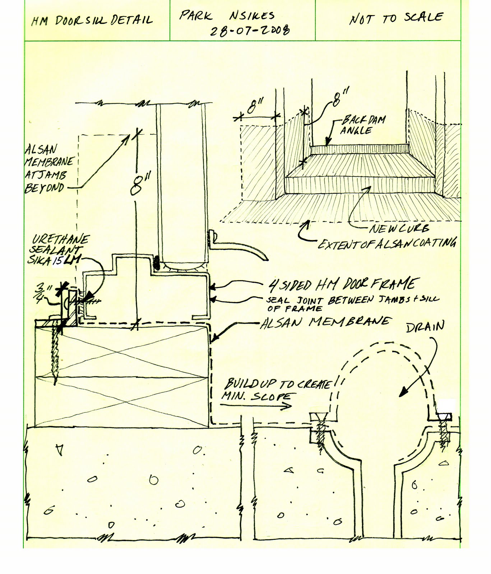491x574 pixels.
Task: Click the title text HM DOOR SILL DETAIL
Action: point(92,20)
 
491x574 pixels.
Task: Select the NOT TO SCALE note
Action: point(396,18)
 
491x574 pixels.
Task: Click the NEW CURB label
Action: point(399,229)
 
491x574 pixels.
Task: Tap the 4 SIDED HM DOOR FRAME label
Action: point(343,284)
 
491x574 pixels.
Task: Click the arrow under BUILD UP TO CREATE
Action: point(255,406)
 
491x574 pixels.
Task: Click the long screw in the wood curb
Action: point(55,355)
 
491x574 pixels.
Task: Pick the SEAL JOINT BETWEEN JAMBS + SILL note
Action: point(352,303)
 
